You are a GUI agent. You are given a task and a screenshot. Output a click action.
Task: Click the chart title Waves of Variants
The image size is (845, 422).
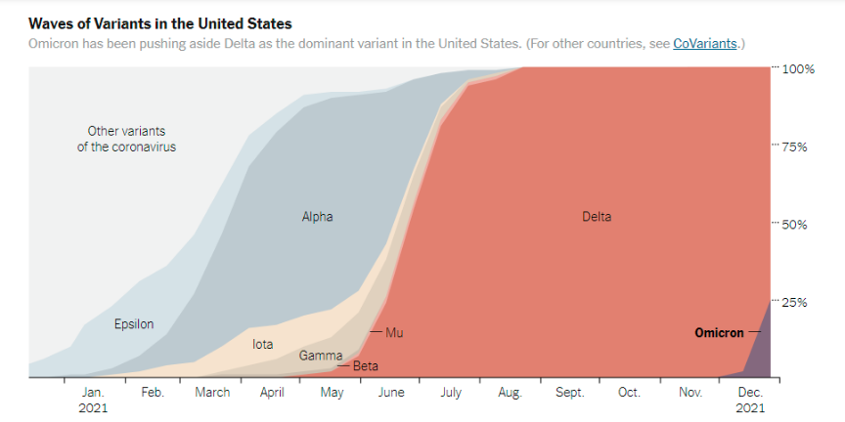click(x=159, y=22)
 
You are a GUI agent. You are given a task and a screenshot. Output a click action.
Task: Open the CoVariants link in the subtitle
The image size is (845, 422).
click(x=704, y=44)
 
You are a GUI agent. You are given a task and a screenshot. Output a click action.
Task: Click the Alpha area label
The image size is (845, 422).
click(x=317, y=217)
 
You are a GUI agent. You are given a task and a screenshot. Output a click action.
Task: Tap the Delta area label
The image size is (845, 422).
click(x=596, y=217)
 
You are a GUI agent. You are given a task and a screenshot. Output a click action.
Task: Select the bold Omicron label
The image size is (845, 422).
click(x=719, y=332)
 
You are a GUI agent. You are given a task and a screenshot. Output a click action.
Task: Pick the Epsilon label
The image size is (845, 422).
click(x=134, y=324)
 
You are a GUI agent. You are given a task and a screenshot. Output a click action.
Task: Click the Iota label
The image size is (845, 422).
click(x=263, y=345)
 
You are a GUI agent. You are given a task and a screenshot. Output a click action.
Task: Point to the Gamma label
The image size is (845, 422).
click(x=321, y=356)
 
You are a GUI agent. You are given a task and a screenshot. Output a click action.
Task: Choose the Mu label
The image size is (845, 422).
click(x=394, y=333)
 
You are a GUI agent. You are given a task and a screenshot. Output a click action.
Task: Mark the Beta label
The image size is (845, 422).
click(x=366, y=366)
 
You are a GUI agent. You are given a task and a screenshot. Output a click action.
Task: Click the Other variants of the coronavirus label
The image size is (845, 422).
click(x=126, y=139)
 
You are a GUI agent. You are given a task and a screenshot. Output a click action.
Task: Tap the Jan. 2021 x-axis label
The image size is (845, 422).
click(x=93, y=400)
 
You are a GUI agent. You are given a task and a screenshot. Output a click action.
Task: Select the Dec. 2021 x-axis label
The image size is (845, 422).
click(x=750, y=400)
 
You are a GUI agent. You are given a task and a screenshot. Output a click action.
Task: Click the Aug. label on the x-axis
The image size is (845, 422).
click(x=510, y=393)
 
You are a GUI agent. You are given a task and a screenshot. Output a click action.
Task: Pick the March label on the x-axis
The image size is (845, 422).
click(x=212, y=393)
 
